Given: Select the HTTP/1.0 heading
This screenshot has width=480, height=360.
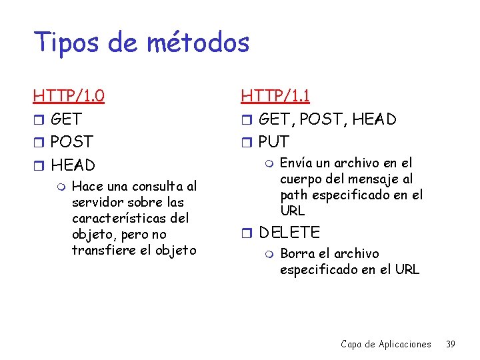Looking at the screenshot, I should click(x=69, y=97).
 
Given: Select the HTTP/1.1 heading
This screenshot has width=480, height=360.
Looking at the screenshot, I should click(x=275, y=97).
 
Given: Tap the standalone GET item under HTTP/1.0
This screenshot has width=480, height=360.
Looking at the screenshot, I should click(x=66, y=119).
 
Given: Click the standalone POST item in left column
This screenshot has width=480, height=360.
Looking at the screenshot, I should click(x=72, y=142).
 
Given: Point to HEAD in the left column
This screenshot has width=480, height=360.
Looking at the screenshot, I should click(x=73, y=165).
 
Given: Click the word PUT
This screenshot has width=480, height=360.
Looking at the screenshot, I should click(x=274, y=142).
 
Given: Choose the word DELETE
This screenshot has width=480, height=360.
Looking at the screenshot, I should click(x=289, y=233).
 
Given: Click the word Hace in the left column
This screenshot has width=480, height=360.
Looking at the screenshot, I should click(x=87, y=186).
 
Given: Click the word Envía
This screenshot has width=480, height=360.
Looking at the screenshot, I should click(x=295, y=163).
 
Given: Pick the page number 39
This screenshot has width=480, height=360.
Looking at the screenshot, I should click(x=450, y=344).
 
